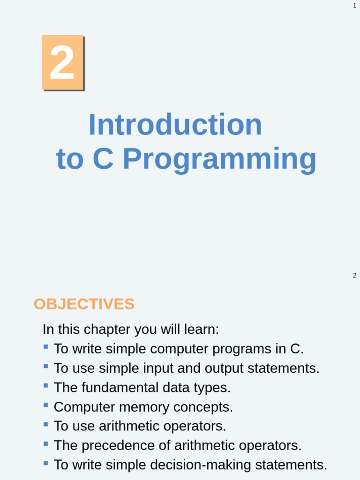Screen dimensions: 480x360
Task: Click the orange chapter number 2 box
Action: (x=62, y=62)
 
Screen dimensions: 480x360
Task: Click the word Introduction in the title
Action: (x=175, y=125)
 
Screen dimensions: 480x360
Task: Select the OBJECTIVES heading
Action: (x=84, y=304)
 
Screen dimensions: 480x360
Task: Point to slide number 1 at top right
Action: (x=354, y=6)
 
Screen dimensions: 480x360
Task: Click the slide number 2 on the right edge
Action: (x=354, y=276)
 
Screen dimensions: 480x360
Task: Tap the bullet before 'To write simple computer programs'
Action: (x=45, y=347)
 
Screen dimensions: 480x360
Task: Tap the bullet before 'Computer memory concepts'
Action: (x=45, y=405)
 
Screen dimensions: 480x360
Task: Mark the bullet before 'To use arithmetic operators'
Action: (x=45, y=424)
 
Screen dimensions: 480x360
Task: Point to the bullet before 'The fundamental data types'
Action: (x=45, y=385)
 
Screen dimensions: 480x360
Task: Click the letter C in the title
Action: (x=103, y=159)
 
